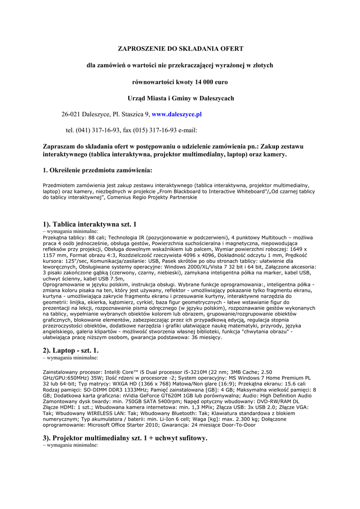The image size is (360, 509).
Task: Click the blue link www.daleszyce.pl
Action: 177,114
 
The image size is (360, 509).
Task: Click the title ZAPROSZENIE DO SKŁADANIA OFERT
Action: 180,49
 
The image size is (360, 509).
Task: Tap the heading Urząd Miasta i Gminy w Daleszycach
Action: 180,98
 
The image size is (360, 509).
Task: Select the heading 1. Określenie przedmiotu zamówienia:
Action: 97,170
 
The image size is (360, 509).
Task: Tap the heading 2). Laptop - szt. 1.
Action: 71,350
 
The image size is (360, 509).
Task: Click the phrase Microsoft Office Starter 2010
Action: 125,425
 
